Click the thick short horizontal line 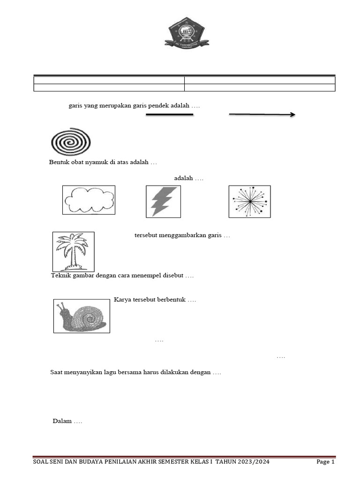coord(170,114)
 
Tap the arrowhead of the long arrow coord(292,114)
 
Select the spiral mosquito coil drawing coord(71,141)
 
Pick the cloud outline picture coord(89,200)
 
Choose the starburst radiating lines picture coord(249,201)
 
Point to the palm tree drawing coord(73,251)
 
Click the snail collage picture coord(82,316)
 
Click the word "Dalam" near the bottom coord(62,421)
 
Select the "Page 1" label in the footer coord(325,462)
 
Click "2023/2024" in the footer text coord(253,462)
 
